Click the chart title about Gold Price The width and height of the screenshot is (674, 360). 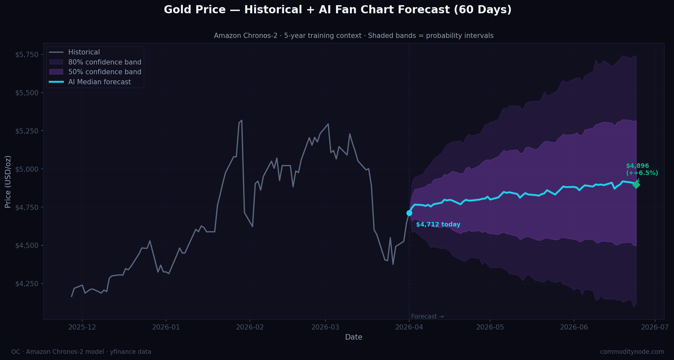tap(337, 10)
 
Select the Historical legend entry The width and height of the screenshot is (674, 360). tap(84, 52)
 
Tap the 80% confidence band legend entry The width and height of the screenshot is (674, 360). tap(105, 62)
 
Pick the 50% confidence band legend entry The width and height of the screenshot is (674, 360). tap(105, 72)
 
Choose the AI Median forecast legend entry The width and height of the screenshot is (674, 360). tap(99, 82)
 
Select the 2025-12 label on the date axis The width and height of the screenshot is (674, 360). tap(82, 327)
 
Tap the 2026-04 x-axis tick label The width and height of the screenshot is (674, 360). tap(409, 327)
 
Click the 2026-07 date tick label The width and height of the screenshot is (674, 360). tap(655, 327)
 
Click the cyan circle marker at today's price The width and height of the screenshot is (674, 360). tap(409, 213)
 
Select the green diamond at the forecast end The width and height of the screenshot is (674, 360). tap(636, 185)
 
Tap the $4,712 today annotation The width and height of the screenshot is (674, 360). tap(438, 225)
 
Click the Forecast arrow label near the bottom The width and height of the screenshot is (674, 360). tap(427, 317)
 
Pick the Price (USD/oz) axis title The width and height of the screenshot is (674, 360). tap(8, 181)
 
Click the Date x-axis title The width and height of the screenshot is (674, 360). tap(354, 337)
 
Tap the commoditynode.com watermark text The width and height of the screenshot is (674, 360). tap(632, 352)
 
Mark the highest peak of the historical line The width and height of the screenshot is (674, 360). tap(242, 121)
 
